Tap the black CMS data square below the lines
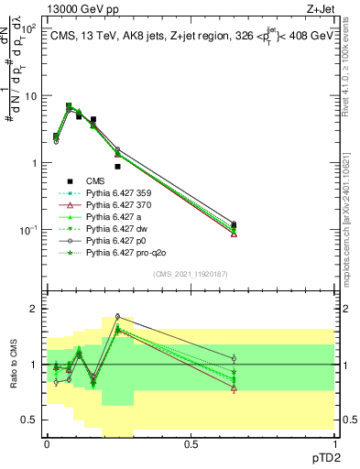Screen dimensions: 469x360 coord(117,167)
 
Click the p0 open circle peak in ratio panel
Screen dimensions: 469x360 coord(117,317)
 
